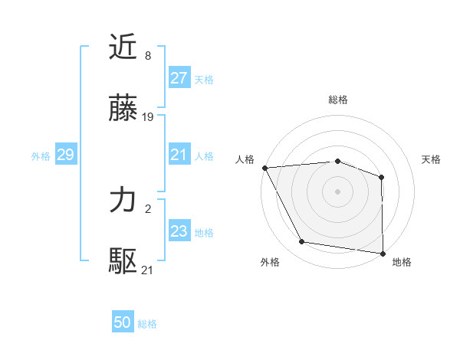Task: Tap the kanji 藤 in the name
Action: pos(123,110)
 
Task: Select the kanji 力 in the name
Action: pos(123,201)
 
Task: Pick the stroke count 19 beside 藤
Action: pos(149,117)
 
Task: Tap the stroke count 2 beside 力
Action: pos(147,208)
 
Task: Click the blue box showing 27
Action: pos(179,78)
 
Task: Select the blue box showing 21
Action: pos(179,155)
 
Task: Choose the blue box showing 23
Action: pos(179,231)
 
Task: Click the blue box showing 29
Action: pos(65,155)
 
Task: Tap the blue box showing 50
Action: pos(123,322)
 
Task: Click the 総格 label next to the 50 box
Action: pos(148,324)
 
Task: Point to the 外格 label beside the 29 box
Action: pos(41,155)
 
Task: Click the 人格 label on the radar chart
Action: pos(245,159)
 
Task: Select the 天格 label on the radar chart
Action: pos(432,159)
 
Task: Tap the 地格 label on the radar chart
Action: pos(402,262)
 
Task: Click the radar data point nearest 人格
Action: pos(264,168)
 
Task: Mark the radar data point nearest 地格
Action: pos(383,253)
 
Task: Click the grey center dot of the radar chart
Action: pos(337,191)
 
